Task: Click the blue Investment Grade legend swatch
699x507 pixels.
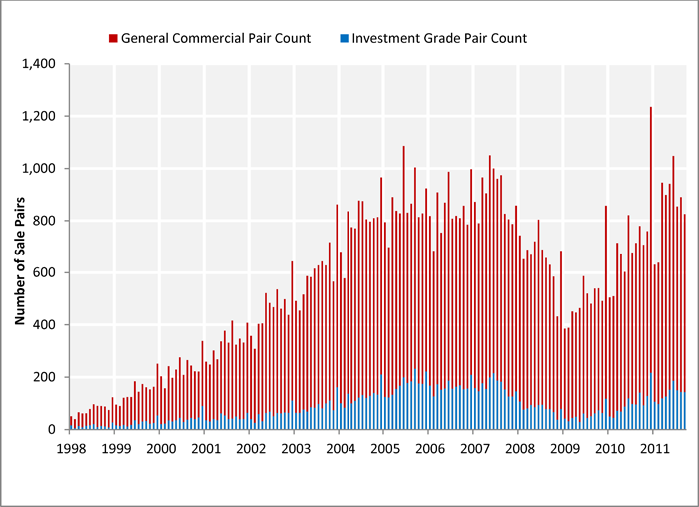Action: tap(343, 39)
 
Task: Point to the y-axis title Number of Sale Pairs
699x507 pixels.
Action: tap(19, 248)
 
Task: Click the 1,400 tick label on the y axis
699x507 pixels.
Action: tap(40, 64)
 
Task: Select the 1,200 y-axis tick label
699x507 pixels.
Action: tap(40, 117)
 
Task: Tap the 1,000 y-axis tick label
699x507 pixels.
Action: tap(40, 169)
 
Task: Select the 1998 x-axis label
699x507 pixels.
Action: tap(70, 448)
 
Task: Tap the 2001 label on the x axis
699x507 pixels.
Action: tap(205, 448)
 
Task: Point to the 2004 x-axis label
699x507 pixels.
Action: tap(340, 448)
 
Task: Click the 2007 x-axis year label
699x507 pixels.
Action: tap(474, 448)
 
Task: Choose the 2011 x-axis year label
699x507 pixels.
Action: tap(654, 448)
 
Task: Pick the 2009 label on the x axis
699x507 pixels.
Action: tap(564, 448)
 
